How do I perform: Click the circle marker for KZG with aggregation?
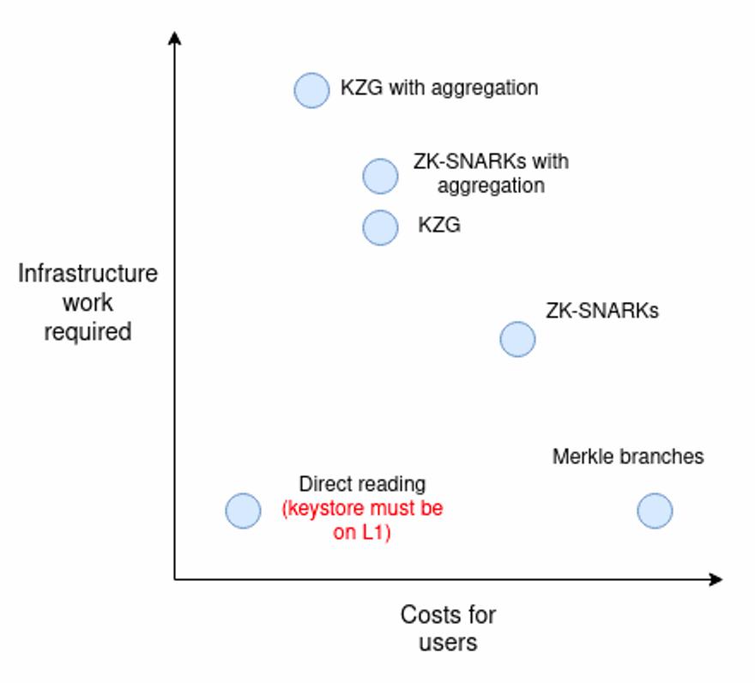(311, 90)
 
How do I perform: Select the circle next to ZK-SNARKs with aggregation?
(380, 176)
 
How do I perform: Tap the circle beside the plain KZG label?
(380, 227)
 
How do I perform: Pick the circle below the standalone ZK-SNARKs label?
(517, 339)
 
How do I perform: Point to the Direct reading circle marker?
(243, 511)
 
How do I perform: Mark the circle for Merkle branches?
(655, 511)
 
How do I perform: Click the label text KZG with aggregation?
(439, 88)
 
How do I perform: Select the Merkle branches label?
(628, 456)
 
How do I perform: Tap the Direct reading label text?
(362, 485)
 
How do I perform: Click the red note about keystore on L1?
(362, 520)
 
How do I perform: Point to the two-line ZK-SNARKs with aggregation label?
(491, 173)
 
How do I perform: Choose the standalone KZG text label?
(439, 225)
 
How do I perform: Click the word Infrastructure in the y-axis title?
(88, 274)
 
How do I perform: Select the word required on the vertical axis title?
(88, 332)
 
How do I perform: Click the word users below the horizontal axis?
(448, 643)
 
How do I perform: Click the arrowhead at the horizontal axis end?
(716, 579)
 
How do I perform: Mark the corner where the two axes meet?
(175, 579)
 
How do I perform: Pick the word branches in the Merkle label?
(662, 456)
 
